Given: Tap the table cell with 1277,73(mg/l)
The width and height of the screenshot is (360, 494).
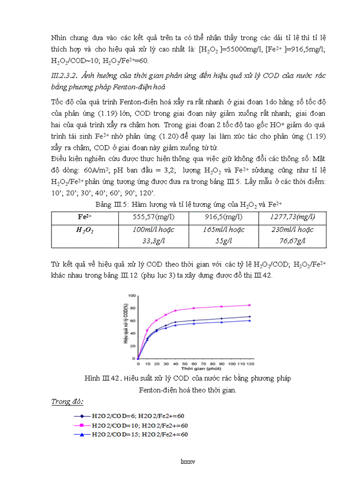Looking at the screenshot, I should [292, 217].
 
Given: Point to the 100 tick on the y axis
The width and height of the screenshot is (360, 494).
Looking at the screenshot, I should [132, 295].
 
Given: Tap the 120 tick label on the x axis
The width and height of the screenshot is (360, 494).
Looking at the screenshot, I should [249, 364].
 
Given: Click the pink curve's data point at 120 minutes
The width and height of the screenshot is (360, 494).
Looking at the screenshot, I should [249, 305].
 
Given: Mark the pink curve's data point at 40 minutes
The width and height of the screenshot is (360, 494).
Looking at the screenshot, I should [175, 311].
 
